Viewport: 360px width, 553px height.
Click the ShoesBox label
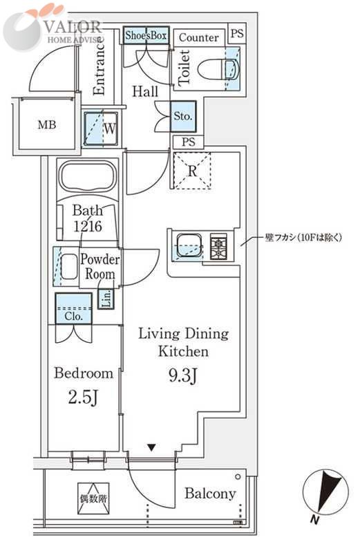146,35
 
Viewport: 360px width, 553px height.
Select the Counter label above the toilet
198,37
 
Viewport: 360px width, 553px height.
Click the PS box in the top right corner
237,33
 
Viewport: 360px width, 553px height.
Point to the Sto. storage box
183,116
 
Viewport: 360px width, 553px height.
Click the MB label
47,124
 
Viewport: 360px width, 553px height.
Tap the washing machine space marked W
101,129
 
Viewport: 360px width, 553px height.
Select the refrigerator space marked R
192,171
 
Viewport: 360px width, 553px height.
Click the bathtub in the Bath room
88,177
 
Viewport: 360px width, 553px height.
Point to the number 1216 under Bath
88,226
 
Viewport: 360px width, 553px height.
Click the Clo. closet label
74,317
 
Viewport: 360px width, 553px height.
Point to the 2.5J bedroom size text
82,398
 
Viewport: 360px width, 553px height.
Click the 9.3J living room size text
182,375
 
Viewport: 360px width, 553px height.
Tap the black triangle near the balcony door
151,448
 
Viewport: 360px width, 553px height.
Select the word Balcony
210,494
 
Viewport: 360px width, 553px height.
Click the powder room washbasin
69,267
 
